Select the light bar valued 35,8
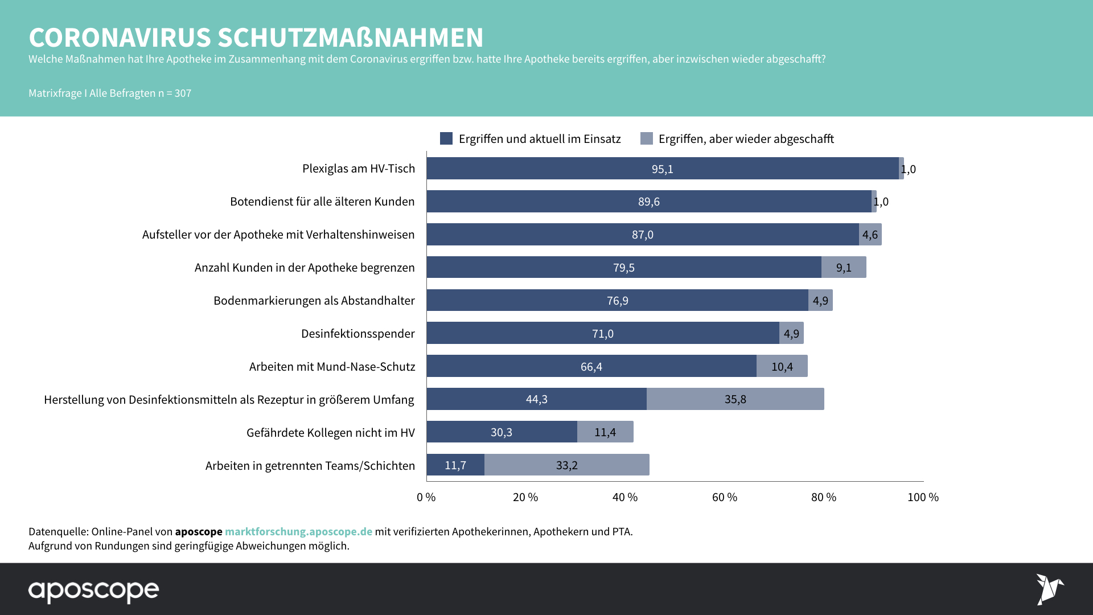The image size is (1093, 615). click(x=735, y=399)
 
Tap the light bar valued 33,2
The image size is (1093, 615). click(x=566, y=465)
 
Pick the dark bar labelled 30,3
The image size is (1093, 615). click(x=502, y=432)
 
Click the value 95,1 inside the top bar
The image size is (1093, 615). click(x=662, y=169)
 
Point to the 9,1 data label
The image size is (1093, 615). click(x=844, y=268)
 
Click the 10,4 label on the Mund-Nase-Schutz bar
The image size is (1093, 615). click(x=782, y=367)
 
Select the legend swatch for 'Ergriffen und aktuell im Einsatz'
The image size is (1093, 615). click(x=446, y=138)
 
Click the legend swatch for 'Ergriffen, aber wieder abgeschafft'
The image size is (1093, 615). click(x=646, y=138)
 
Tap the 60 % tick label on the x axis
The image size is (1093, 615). click(x=724, y=497)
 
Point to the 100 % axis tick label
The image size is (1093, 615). click(x=923, y=497)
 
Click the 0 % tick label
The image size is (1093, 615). click(x=426, y=497)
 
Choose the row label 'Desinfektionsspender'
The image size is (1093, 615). click(x=358, y=334)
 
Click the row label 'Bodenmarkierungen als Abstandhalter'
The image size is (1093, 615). click(x=314, y=301)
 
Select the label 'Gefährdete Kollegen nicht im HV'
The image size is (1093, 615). click(x=330, y=433)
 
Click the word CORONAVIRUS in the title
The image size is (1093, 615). click(x=120, y=38)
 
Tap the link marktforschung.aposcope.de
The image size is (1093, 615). click(x=298, y=531)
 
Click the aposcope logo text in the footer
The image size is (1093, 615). click(x=94, y=591)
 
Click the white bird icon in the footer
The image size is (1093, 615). click(x=1049, y=589)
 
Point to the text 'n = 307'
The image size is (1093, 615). click(x=175, y=93)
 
